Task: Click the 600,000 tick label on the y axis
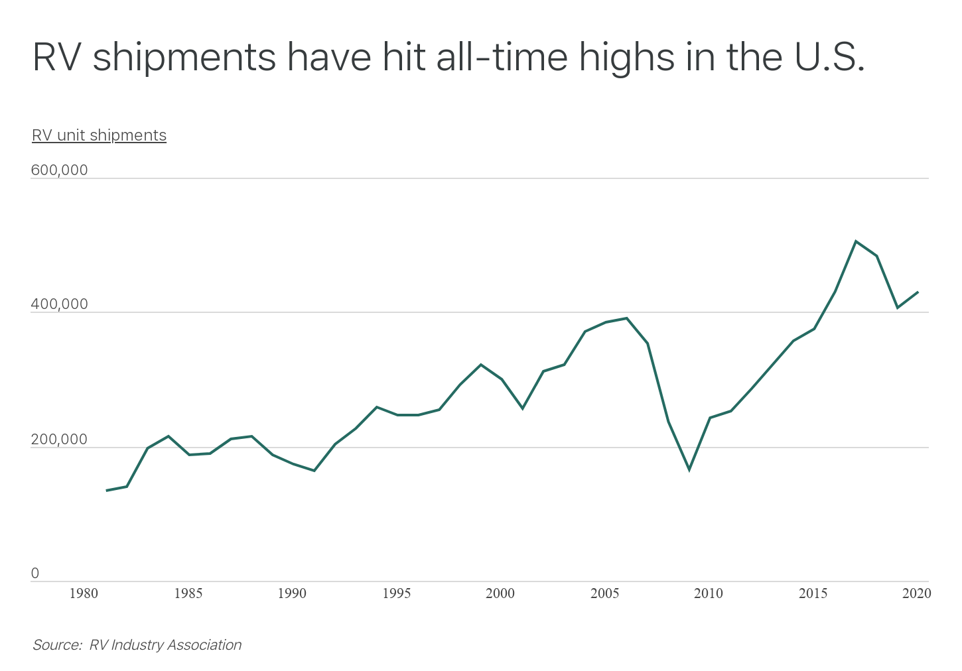(x=59, y=170)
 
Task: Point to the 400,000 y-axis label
(x=59, y=305)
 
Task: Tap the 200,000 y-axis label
(x=59, y=440)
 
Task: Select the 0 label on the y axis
(x=35, y=574)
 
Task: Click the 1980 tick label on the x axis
(x=84, y=593)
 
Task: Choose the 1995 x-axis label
(x=396, y=593)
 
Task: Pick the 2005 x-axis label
(x=604, y=593)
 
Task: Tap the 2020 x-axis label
(x=917, y=593)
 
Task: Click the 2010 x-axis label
(x=709, y=593)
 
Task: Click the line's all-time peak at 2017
(x=856, y=241)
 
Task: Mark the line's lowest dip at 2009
(x=689, y=469)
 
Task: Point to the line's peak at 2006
(x=626, y=318)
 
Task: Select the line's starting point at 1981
(x=106, y=491)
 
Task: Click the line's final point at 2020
(x=918, y=292)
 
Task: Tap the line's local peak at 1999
(x=481, y=365)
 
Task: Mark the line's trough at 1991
(x=314, y=471)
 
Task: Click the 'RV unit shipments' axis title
(x=99, y=135)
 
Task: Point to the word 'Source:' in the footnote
(x=57, y=645)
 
